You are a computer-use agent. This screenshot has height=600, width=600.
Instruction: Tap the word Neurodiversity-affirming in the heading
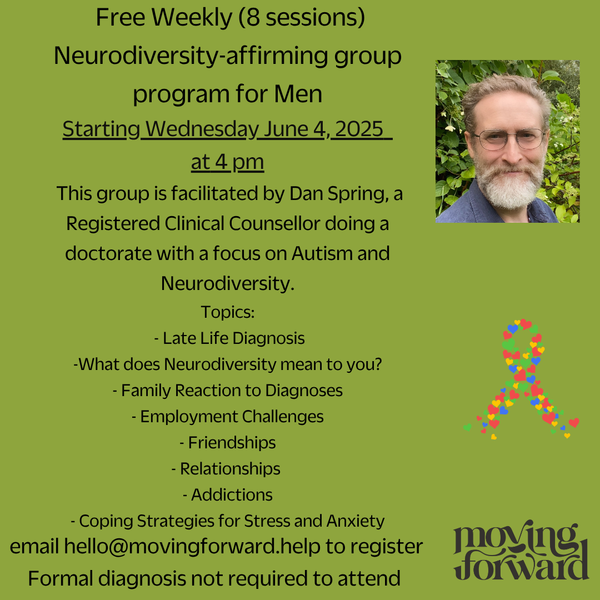191,56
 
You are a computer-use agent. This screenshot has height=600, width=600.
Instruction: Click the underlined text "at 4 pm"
228,162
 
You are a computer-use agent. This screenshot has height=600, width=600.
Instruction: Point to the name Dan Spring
337,194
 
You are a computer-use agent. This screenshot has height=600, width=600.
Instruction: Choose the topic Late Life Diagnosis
229,338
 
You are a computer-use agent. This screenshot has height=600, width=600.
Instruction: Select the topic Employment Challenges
228,417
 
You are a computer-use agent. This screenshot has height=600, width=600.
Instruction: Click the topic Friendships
228,443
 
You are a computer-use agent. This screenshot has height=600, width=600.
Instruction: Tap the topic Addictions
228,495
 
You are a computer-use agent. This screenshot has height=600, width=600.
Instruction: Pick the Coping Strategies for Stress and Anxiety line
228,521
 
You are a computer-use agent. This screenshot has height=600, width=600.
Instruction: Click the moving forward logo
521,551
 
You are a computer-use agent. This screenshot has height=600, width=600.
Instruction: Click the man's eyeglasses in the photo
509,139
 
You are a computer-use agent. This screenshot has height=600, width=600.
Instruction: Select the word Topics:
228,312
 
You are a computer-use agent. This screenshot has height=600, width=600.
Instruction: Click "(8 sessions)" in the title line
302,18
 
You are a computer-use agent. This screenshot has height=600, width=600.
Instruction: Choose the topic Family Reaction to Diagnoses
228,391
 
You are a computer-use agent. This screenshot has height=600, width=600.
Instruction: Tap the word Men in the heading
298,94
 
